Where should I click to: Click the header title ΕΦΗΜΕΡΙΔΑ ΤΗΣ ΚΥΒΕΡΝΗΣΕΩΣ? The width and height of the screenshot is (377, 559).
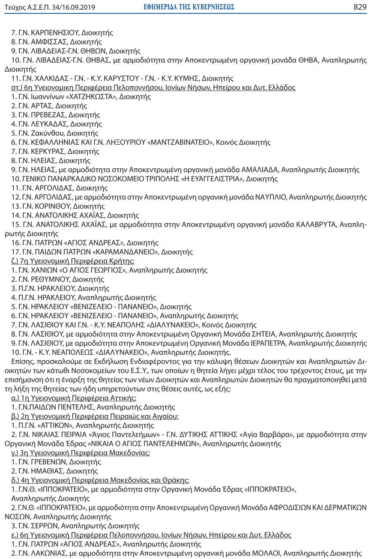pyautogui.click(x=189, y=7)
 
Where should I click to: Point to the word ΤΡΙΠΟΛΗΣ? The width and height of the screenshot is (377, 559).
pyautogui.click(x=160, y=179)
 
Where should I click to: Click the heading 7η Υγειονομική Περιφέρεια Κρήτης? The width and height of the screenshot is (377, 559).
pyautogui.click(x=77, y=261)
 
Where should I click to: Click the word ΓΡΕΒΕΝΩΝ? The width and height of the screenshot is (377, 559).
pyautogui.click(x=48, y=462)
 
